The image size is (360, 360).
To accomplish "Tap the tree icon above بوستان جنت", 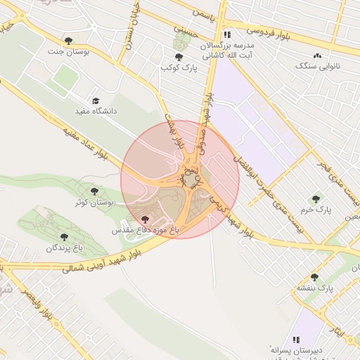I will click(x=68, y=40).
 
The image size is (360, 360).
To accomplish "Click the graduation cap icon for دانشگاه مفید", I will click(x=96, y=101).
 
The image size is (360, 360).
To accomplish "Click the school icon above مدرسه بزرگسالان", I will click(x=226, y=34).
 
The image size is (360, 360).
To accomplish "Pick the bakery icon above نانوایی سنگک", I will click(x=317, y=56).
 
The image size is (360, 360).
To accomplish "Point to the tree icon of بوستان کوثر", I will click(x=94, y=191).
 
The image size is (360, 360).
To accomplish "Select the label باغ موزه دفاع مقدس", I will click(x=145, y=231).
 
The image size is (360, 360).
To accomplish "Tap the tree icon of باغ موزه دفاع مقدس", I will click(x=146, y=220).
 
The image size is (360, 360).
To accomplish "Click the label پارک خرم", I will click(x=317, y=210).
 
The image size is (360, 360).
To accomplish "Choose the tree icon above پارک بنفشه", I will click(x=314, y=278).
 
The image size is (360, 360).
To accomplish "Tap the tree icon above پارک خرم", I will click(x=316, y=199).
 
